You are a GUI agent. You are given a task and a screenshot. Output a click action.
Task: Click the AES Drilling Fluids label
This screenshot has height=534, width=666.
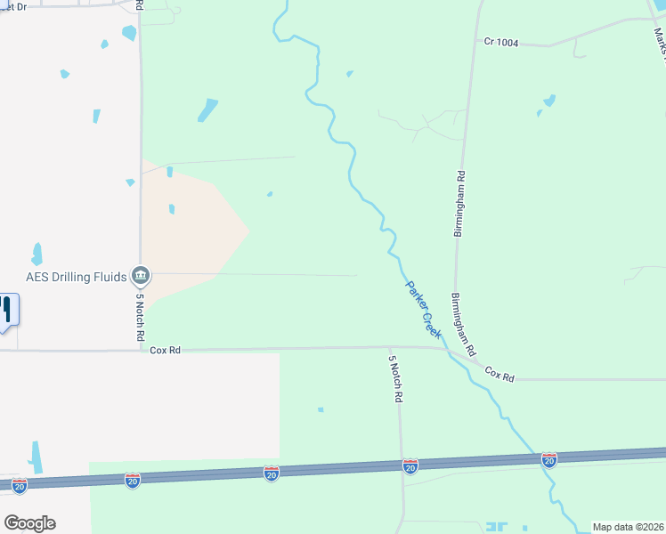[76, 277]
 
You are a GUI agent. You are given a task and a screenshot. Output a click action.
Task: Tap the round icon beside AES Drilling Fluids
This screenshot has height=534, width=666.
[141, 277]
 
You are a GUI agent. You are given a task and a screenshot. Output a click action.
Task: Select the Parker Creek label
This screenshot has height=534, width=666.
[423, 309]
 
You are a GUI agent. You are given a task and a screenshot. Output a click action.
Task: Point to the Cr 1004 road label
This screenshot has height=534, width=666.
[501, 42]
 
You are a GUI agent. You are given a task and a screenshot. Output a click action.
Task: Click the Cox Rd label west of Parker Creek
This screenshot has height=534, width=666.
[165, 351]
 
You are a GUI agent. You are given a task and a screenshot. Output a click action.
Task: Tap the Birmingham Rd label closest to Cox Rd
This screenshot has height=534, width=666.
[464, 322]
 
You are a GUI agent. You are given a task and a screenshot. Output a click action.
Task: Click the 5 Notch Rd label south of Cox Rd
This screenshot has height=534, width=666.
[394, 380]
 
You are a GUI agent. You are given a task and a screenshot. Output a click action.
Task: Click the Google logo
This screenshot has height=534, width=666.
[29, 523]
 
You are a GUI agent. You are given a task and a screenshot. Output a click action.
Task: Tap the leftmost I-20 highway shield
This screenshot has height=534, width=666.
[20, 485]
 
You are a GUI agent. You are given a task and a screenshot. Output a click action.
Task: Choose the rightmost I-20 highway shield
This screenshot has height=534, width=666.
[549, 459]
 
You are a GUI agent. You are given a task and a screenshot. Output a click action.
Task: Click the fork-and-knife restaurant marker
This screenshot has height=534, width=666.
[6, 310]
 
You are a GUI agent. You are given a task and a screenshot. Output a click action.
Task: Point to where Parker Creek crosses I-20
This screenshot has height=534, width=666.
[539, 460]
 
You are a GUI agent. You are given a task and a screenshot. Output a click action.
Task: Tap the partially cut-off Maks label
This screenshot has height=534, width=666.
[659, 40]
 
